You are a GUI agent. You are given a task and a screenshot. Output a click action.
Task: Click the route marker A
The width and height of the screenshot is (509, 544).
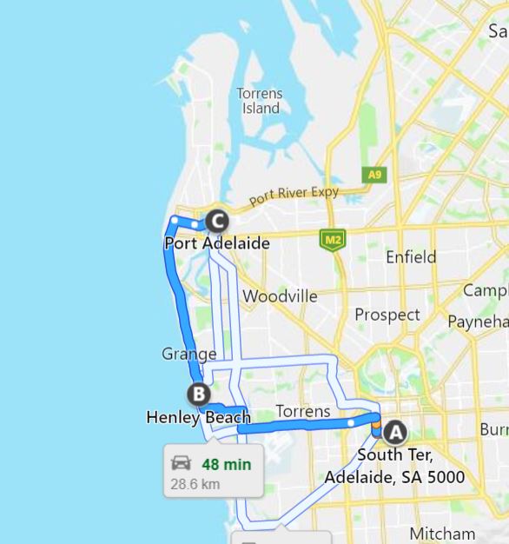(x=395, y=432)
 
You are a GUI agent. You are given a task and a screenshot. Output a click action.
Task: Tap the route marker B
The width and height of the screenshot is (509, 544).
(x=199, y=395)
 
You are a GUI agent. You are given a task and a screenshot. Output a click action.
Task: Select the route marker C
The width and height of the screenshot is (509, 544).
(x=216, y=222)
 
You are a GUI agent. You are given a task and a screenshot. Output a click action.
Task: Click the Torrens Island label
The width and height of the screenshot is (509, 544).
(x=260, y=101)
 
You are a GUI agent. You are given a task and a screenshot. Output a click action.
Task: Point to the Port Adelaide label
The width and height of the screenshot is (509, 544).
(x=217, y=243)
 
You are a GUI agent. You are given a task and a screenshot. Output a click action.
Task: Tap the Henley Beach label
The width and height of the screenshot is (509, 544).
(x=198, y=418)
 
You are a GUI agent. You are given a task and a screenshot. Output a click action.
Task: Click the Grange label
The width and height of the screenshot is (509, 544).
(x=188, y=354)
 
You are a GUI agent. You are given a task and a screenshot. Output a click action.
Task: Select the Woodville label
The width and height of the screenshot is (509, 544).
(x=280, y=296)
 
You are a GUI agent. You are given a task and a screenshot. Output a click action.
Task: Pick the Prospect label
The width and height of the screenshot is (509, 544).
(x=387, y=315)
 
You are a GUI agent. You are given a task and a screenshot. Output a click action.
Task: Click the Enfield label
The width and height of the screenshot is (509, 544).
(x=411, y=257)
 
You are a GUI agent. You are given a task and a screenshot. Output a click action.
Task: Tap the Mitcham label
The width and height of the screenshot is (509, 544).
(x=442, y=534)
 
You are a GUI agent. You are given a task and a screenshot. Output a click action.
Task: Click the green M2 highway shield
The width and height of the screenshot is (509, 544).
(x=331, y=240)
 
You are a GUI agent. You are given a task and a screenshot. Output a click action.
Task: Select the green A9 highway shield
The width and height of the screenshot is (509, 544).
(x=373, y=175)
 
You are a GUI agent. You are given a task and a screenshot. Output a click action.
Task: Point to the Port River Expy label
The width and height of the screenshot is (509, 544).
(x=294, y=196)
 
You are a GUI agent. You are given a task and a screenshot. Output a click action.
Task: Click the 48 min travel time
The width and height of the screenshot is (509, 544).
(x=226, y=464)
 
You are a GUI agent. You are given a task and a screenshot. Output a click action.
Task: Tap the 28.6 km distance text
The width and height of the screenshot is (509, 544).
(x=195, y=484)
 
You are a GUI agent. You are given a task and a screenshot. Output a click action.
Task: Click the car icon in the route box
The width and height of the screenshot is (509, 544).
(x=181, y=463)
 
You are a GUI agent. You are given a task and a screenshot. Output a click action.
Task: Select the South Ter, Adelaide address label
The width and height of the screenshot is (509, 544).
(x=393, y=466)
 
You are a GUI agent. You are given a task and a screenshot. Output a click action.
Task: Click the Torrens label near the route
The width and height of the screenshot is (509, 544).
(x=302, y=411)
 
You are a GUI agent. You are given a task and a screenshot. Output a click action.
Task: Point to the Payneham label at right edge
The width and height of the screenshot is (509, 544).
(x=477, y=322)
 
